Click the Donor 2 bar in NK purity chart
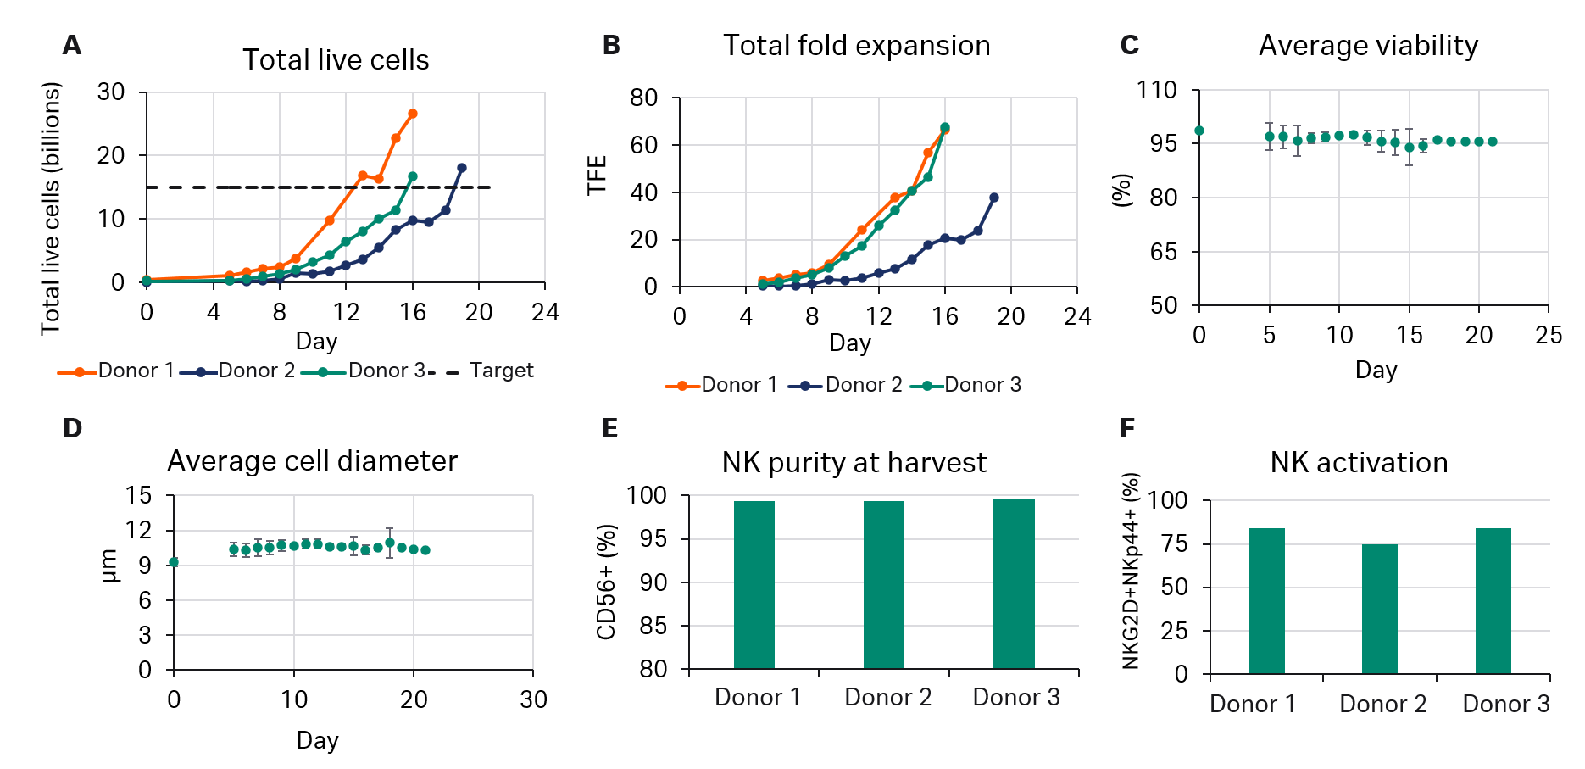(883, 585)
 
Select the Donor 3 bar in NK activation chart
(1493, 601)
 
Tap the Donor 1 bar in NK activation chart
(1266, 601)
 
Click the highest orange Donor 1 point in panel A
(413, 114)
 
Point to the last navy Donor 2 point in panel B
(994, 198)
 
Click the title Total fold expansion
(856, 45)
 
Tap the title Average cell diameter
(312, 460)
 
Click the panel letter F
(1126, 428)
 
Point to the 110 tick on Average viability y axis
(1156, 90)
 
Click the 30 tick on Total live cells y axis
(111, 92)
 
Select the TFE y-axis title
(597, 175)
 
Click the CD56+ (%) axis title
(606, 582)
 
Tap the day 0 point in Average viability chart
(1198, 131)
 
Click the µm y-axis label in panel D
(109, 566)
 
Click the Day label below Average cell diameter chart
(317, 740)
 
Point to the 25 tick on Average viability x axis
(1548, 335)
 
